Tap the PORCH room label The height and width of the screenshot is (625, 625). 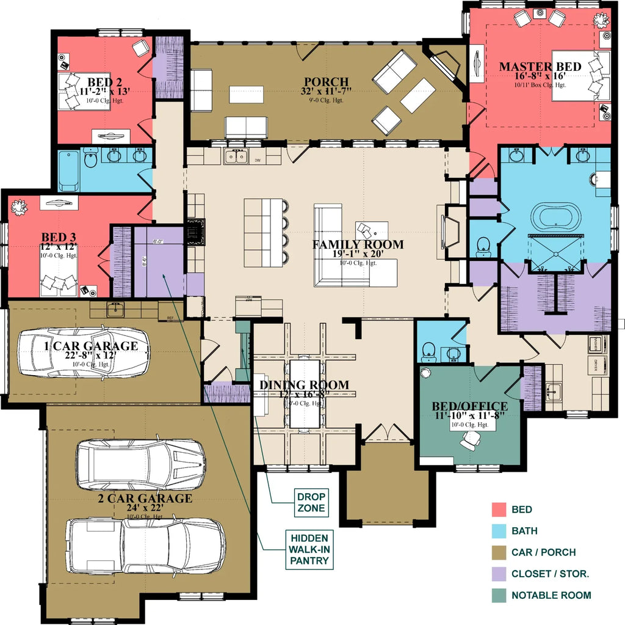point(327,82)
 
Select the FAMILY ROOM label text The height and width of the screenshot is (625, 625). point(358,245)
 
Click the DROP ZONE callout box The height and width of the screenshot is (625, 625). point(311,502)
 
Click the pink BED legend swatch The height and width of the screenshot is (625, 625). point(499,510)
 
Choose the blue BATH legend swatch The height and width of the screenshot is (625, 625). point(499,531)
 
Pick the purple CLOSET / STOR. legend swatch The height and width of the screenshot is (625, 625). point(499,574)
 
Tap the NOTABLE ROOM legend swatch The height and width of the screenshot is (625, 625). point(499,595)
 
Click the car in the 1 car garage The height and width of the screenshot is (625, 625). point(83,353)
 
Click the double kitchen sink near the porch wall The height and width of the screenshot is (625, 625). point(235,158)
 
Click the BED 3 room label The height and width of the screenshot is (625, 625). point(59,236)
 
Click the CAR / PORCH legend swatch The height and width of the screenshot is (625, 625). point(499,552)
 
